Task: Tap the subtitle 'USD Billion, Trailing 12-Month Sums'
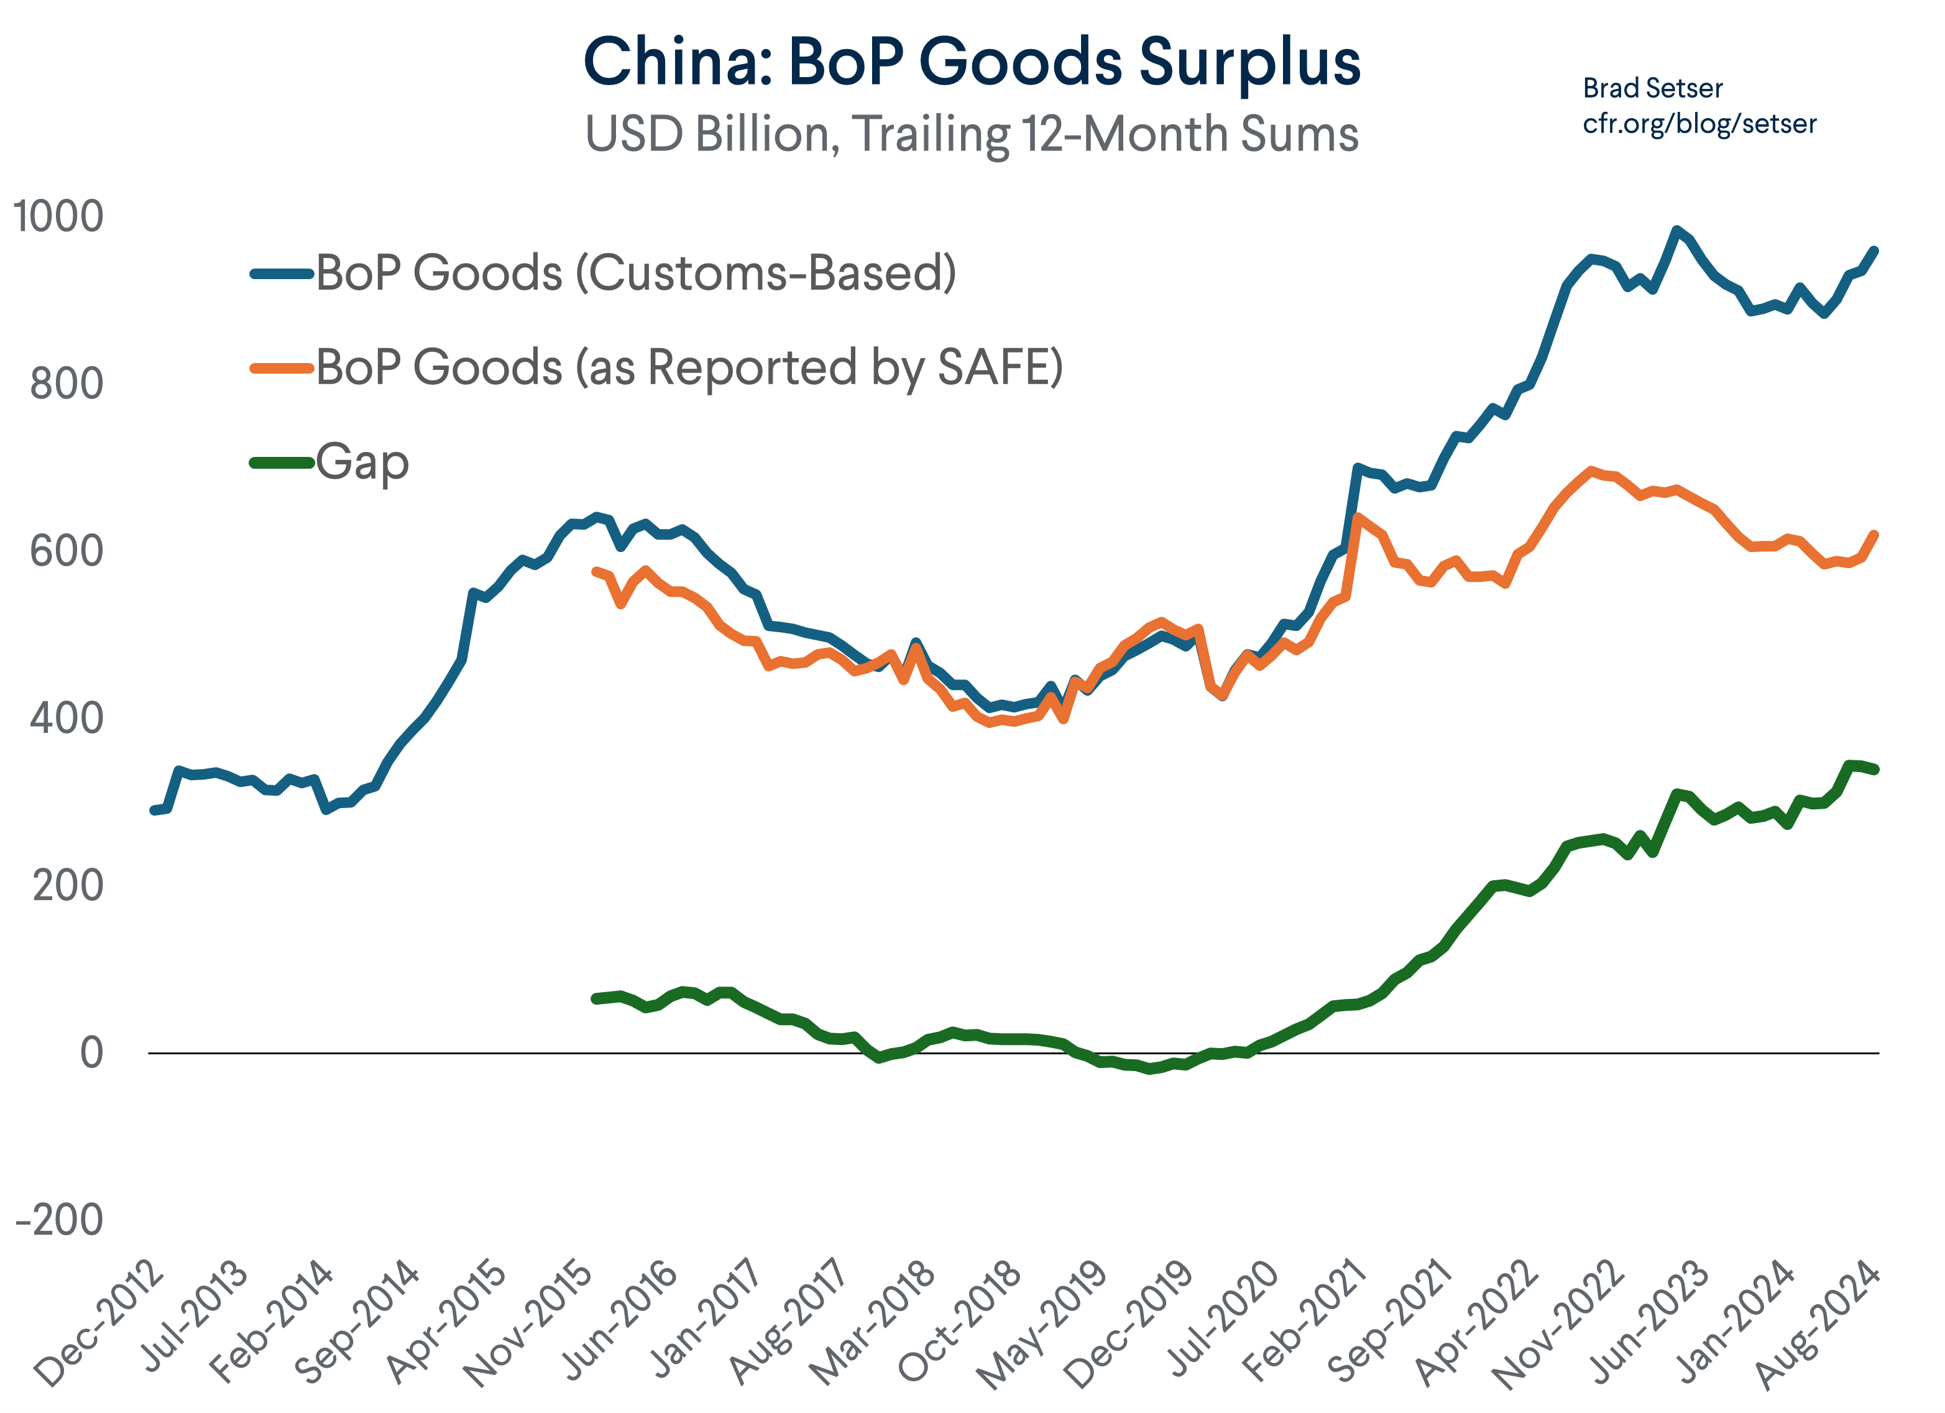[x=971, y=135]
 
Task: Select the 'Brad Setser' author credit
[x=1652, y=88]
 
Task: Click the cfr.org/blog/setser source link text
[x=1699, y=124]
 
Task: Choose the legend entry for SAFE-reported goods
[x=689, y=368]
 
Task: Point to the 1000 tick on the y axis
[x=58, y=216]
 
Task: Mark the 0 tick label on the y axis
[x=92, y=1053]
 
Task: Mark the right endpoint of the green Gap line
[x=1875, y=769]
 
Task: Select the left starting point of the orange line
[x=595, y=571]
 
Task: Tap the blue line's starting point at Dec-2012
[x=154, y=810]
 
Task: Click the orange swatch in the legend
[x=282, y=369]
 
